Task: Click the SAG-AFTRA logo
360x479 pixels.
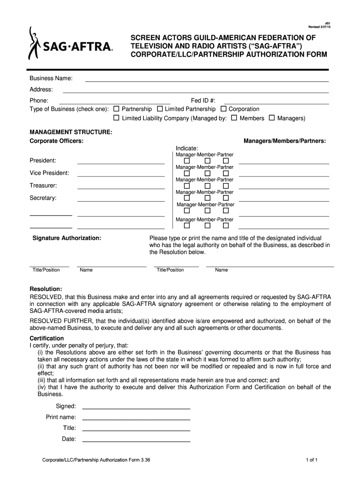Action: [x=70, y=44]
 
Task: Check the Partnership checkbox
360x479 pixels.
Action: [x=117, y=109]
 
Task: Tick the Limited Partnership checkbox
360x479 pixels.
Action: [x=160, y=109]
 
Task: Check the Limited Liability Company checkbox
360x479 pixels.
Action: [x=117, y=118]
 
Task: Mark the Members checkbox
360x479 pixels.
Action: [x=234, y=118]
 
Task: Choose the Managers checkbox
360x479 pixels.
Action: [x=272, y=118]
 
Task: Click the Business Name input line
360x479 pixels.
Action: [x=207, y=80]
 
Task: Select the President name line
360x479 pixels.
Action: [x=121, y=163]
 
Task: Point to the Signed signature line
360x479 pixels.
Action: [x=136, y=408]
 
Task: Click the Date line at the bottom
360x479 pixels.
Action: [x=136, y=441]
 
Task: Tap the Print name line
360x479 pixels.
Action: [x=136, y=419]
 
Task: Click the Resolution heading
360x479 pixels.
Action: [x=46, y=289]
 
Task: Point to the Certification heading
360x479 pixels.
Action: [x=47, y=338]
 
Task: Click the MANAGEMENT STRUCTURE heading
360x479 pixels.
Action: [x=71, y=133]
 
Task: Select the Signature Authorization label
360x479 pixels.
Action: [x=67, y=238]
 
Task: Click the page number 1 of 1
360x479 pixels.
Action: [x=312, y=460]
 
